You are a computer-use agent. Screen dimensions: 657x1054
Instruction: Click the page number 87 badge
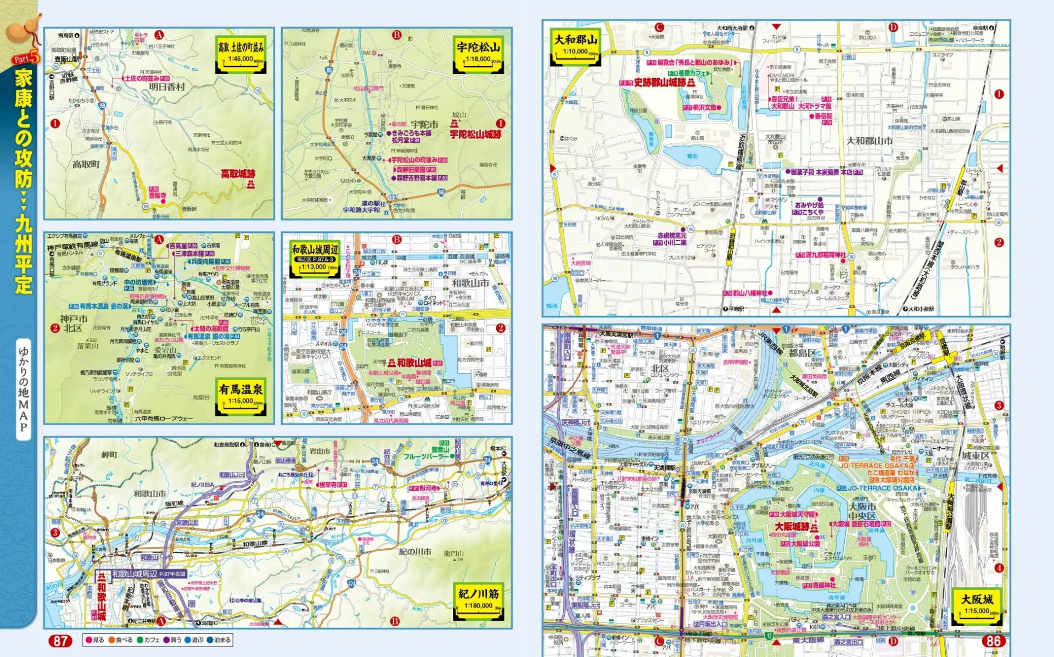[x=60, y=641]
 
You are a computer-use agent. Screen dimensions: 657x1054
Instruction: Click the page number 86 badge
[x=994, y=641]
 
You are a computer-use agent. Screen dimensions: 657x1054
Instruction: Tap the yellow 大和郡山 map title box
[x=575, y=46]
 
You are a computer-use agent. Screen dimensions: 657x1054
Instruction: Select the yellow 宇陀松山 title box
[x=478, y=54]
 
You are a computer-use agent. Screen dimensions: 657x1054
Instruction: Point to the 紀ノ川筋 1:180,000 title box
[x=479, y=600]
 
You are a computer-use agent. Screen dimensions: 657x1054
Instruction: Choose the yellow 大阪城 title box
[x=977, y=606]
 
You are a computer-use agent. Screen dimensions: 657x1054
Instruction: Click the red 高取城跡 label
[x=238, y=174]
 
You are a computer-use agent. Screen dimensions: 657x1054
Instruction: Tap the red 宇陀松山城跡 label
[x=475, y=134]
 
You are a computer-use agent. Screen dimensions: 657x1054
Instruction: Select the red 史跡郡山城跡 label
[x=660, y=82]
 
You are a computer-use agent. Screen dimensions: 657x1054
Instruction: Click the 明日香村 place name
[x=167, y=87]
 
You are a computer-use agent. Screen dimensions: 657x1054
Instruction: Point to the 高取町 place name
[x=86, y=164]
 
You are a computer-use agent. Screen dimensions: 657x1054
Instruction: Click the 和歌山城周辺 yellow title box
[x=315, y=257]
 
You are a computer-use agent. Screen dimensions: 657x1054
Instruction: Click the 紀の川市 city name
[x=415, y=552]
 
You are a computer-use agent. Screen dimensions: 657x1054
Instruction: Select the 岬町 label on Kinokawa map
[x=109, y=455]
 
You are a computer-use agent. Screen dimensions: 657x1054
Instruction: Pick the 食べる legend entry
[x=121, y=640]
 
